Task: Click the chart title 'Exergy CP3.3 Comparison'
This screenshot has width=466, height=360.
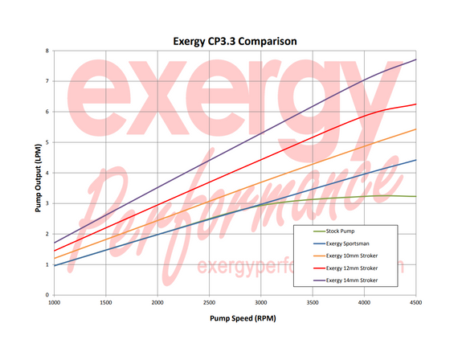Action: [232, 39]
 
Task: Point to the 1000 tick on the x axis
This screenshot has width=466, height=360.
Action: [55, 303]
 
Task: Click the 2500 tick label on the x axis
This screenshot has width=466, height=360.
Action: [209, 303]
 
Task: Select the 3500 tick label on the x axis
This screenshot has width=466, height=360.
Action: [313, 303]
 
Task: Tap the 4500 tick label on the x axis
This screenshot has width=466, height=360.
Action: [415, 303]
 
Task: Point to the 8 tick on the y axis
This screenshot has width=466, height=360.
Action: [47, 51]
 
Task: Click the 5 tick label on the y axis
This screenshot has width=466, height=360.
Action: [47, 142]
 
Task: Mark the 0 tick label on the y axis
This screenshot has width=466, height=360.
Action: [47, 295]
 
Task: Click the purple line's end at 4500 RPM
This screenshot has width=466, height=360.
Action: [415, 59]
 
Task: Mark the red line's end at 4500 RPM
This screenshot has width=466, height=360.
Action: [415, 104]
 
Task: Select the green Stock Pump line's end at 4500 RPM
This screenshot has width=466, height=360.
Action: [415, 196]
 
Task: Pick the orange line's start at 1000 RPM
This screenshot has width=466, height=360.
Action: [55, 258]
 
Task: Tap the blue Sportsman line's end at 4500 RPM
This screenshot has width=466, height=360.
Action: [415, 160]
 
